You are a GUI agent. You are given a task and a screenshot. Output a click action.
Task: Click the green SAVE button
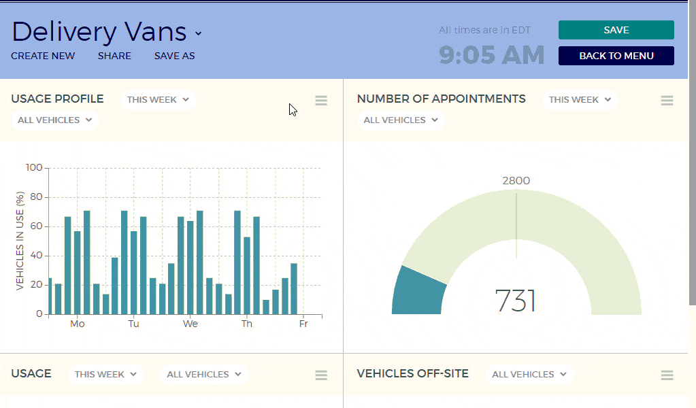point(616,30)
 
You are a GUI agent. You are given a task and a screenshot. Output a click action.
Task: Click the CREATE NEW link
point(43,56)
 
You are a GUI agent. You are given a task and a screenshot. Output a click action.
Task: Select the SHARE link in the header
point(114,56)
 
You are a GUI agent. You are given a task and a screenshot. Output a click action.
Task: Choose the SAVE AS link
point(174,56)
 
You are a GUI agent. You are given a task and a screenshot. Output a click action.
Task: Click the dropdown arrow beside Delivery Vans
point(198,33)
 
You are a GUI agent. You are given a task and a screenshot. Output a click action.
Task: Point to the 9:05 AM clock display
point(491,55)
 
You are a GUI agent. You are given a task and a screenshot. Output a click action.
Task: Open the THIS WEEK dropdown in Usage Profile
point(158,99)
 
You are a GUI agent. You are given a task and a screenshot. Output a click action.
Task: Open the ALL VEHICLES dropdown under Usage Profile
point(54,120)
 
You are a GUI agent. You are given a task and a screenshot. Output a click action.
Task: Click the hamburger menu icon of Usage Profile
point(321,101)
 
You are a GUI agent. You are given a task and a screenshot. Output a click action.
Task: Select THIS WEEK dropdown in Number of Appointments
point(580,99)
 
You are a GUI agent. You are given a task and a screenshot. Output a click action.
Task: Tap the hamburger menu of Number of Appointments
point(667,101)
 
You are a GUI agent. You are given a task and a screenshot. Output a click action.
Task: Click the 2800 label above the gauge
point(516,181)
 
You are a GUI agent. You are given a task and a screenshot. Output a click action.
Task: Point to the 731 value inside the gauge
point(516,301)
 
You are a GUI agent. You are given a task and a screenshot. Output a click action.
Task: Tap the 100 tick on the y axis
point(34,168)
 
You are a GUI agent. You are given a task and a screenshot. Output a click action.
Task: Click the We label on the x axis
point(190,324)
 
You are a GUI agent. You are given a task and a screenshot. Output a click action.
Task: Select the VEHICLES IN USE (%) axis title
point(20,241)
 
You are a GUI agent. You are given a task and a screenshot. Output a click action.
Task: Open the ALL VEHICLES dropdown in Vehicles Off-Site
point(529,374)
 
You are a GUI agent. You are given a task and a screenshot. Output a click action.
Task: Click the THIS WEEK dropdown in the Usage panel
point(105,374)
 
